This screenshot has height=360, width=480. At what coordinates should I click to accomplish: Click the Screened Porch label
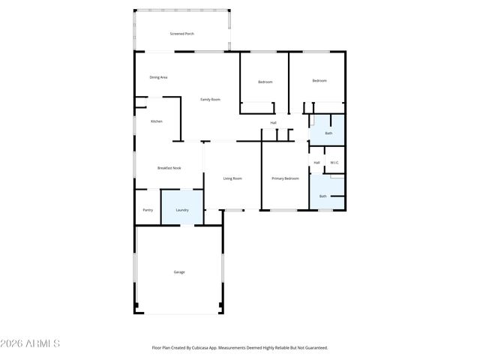(182, 34)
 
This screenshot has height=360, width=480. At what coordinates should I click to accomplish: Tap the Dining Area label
(158, 77)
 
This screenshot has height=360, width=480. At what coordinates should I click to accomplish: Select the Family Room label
(210, 100)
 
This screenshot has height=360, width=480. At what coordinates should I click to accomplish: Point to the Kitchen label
(157, 121)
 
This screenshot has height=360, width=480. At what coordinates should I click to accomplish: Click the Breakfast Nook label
(169, 168)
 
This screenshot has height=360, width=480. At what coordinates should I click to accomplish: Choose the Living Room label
(232, 178)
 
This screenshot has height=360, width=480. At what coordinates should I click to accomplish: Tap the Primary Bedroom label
(285, 178)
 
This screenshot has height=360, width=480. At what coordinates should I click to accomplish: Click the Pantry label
(148, 210)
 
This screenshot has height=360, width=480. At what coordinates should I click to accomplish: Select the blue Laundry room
(182, 208)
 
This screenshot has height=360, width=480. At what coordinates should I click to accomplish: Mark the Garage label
(179, 272)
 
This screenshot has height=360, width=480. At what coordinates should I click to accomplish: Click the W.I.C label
(334, 163)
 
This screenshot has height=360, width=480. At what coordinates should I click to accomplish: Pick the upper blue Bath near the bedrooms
(328, 132)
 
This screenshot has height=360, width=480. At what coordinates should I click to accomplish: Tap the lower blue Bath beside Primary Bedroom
(323, 195)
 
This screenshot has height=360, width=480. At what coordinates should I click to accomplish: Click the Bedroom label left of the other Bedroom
(265, 82)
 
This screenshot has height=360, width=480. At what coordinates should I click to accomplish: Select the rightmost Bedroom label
(319, 81)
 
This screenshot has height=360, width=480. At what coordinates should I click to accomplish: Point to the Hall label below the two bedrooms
(274, 123)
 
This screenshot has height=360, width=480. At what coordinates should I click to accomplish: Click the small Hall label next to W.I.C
(316, 163)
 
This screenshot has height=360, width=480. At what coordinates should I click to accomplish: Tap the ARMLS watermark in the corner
(30, 343)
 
